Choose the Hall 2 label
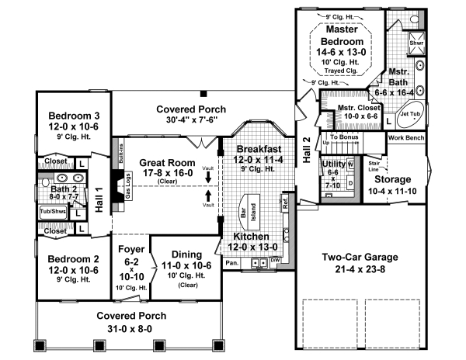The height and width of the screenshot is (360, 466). click(x=306, y=149)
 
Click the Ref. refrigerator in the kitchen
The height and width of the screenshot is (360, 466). click(x=286, y=206)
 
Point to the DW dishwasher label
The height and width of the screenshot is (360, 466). click(x=274, y=261)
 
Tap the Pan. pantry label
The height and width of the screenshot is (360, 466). click(x=231, y=262)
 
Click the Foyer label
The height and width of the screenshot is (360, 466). click(x=130, y=251)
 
